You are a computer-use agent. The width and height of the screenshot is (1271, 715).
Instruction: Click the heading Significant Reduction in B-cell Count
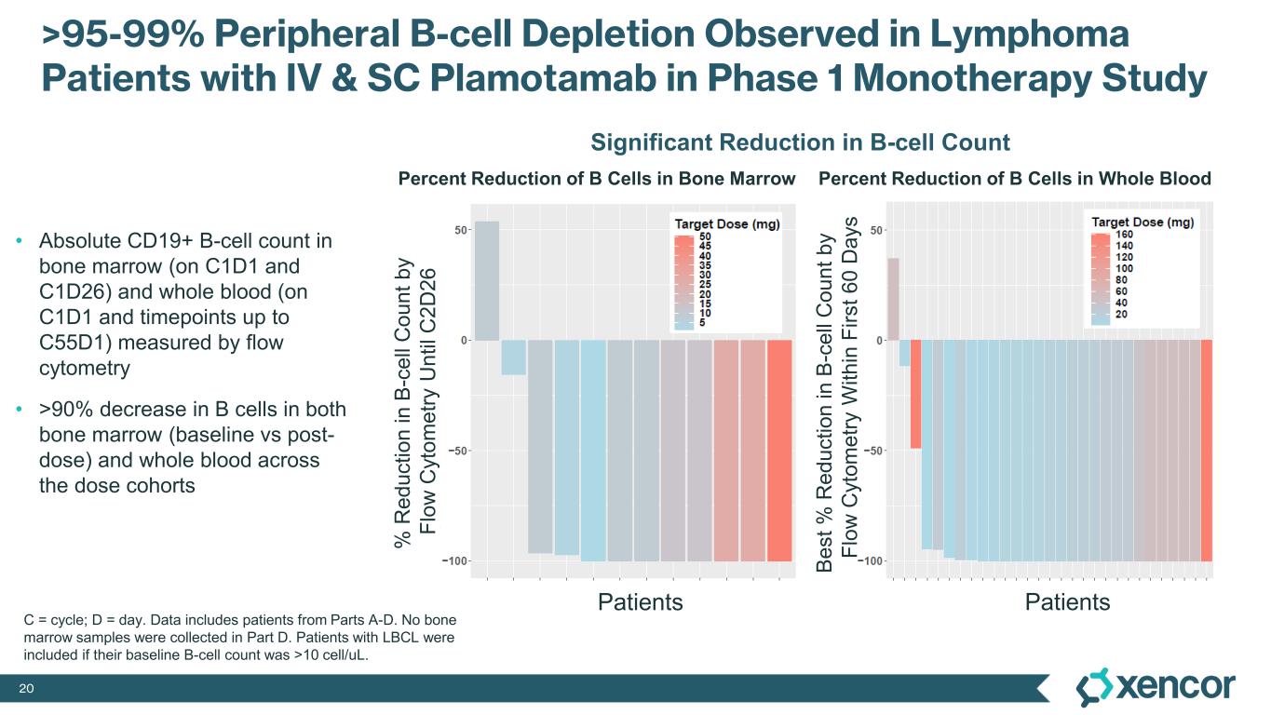click(800, 142)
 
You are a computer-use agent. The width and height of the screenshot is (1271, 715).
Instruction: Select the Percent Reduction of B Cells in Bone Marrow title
click(597, 179)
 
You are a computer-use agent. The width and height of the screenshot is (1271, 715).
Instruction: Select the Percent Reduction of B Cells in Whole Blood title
click(1014, 179)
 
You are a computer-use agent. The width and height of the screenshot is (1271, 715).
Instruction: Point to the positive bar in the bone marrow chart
click(487, 281)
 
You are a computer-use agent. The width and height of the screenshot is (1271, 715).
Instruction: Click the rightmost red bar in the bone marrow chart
click(779, 451)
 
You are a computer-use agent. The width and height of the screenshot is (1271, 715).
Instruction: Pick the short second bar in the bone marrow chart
click(513, 357)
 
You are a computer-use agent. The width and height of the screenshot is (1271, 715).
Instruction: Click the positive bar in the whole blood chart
click(893, 299)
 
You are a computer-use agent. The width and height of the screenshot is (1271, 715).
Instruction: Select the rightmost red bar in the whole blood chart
click(1207, 451)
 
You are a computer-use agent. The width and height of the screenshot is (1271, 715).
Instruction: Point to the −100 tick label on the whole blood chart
click(872, 561)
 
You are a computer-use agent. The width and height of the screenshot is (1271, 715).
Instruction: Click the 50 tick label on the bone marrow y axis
click(460, 230)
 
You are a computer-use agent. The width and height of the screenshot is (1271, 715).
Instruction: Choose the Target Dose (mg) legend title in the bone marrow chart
click(727, 223)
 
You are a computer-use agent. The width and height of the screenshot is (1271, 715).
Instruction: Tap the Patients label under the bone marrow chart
click(640, 602)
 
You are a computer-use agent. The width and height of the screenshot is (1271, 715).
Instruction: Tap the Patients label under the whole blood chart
click(1067, 602)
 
